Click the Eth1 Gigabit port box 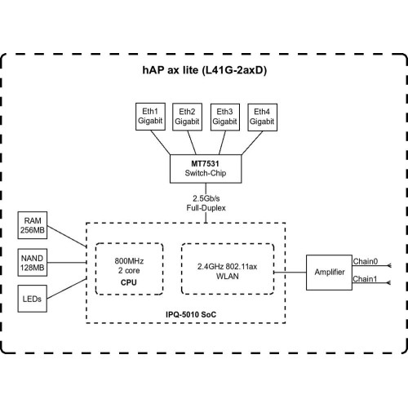click(x=150, y=117)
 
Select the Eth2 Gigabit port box click(x=187, y=117)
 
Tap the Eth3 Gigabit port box click(x=225, y=118)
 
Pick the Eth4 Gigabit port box click(x=262, y=118)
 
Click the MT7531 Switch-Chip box click(x=206, y=169)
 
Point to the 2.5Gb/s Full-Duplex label click(x=206, y=203)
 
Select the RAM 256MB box click(x=33, y=225)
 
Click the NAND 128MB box click(x=33, y=263)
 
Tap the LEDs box click(x=33, y=299)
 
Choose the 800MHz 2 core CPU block click(x=129, y=268)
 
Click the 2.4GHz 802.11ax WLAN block click(x=228, y=268)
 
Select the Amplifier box click(x=329, y=273)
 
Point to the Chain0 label click(x=366, y=261)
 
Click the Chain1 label click(x=365, y=279)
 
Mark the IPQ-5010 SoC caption click(x=191, y=315)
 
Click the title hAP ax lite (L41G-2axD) click(x=205, y=70)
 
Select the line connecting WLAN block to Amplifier click(x=290, y=272)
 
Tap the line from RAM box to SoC click(x=67, y=237)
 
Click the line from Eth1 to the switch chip click(x=161, y=142)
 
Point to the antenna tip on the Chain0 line click(x=389, y=265)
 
